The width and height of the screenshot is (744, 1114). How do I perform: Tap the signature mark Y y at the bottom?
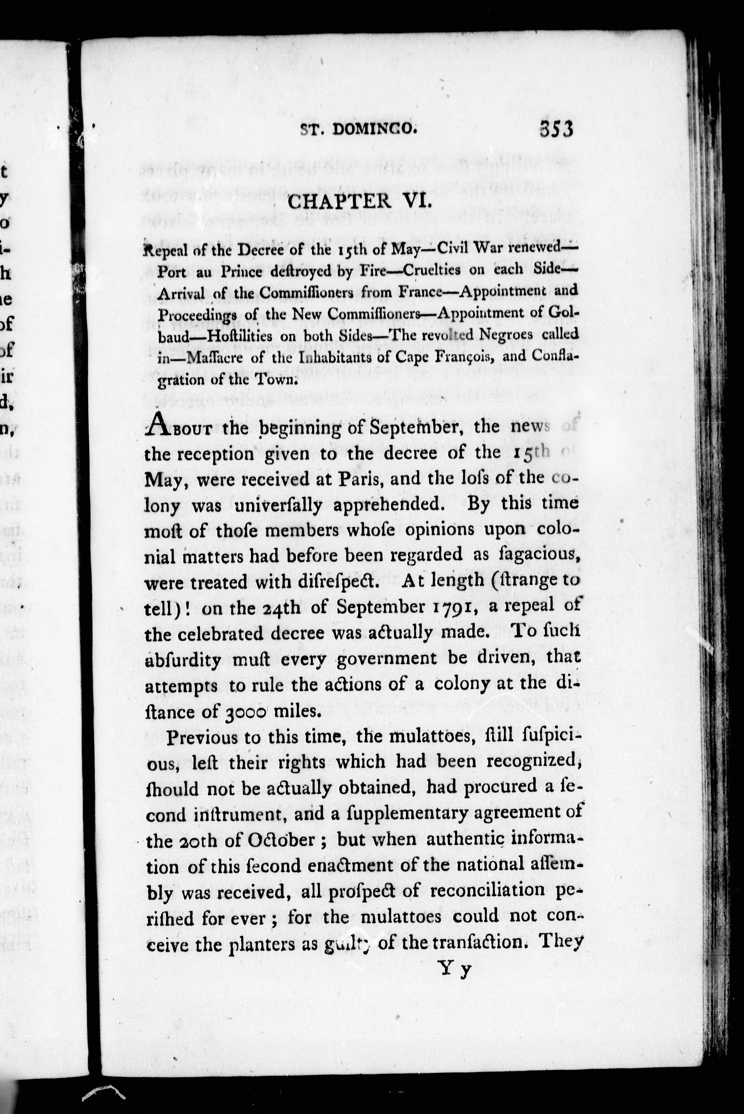tap(454, 970)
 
